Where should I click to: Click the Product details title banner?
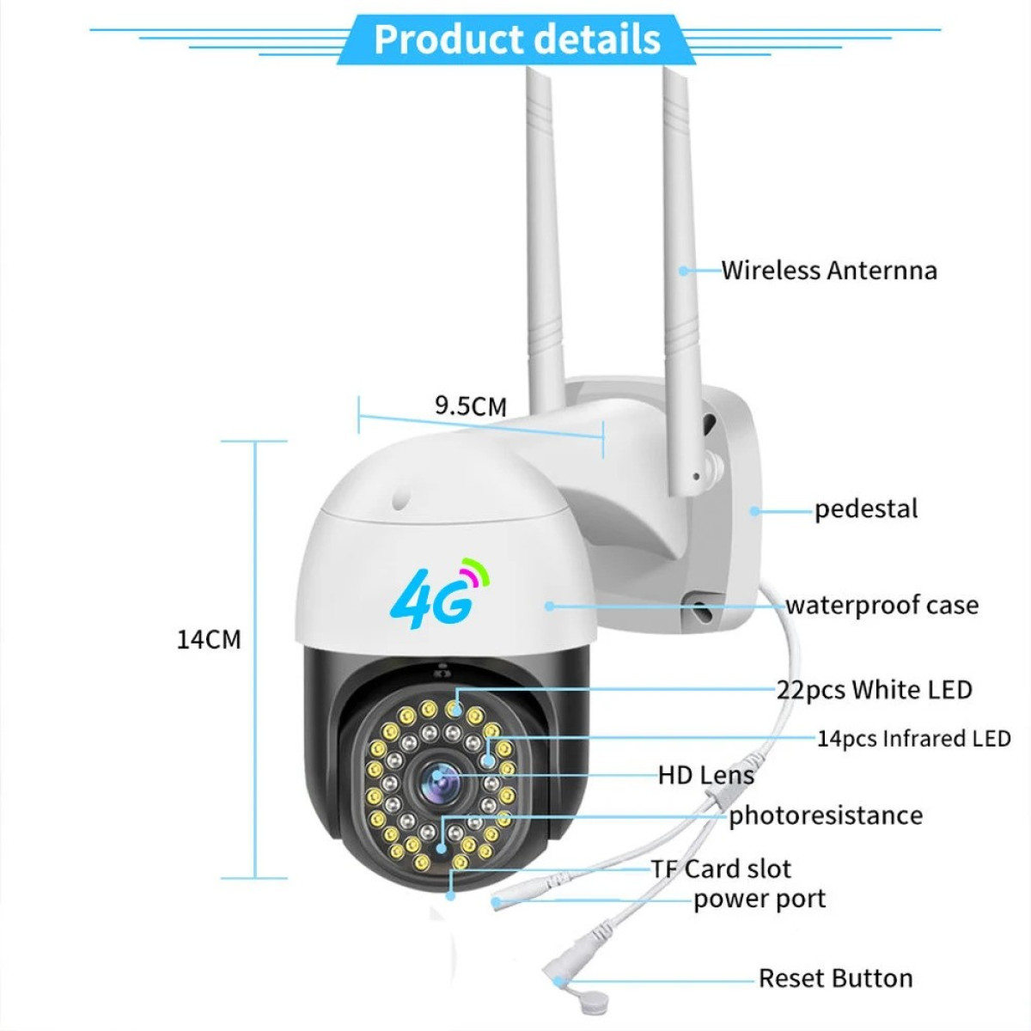516,39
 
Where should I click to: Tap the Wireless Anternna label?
829,271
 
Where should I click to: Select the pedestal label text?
866,509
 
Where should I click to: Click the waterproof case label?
882,606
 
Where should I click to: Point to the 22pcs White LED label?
875,690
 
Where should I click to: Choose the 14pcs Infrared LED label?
914,739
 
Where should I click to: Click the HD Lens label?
706,775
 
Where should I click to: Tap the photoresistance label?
826,816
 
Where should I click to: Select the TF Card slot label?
721,869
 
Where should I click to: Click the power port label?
760,900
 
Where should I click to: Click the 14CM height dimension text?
209,639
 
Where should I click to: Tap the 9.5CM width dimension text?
470,406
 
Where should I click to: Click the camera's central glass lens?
441,781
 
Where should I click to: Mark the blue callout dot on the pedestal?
754,511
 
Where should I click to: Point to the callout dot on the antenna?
683,271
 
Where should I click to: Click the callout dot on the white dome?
550,606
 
